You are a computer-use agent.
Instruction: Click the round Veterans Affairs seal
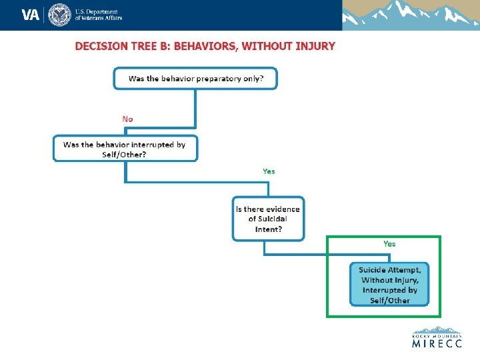click(x=59, y=15)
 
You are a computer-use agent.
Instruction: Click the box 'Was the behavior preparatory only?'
click(x=195, y=78)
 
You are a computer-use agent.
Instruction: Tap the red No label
click(x=127, y=119)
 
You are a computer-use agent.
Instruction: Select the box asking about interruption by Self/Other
click(x=125, y=149)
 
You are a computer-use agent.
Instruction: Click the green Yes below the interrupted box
click(x=269, y=171)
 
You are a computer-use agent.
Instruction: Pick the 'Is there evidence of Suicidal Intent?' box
click(x=268, y=219)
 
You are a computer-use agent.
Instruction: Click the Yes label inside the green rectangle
click(x=389, y=244)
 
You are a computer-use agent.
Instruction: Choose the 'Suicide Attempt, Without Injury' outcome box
click(x=389, y=285)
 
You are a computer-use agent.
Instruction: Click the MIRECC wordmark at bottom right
click(x=437, y=344)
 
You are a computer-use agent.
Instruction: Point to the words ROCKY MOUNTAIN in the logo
click(x=437, y=336)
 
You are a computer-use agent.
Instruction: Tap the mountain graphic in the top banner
click(x=411, y=15)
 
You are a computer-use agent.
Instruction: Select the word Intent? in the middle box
click(x=269, y=229)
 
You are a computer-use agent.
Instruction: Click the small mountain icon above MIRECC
click(x=437, y=329)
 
